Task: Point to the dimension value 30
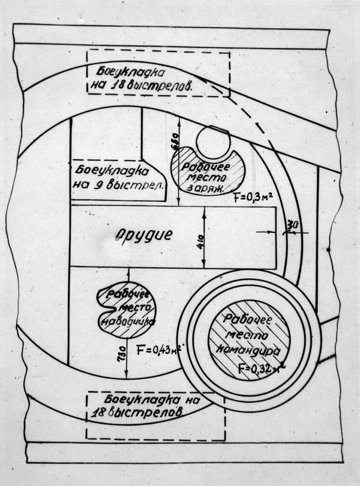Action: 293,224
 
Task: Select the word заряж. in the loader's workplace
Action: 206,188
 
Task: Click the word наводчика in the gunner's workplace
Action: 126,321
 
